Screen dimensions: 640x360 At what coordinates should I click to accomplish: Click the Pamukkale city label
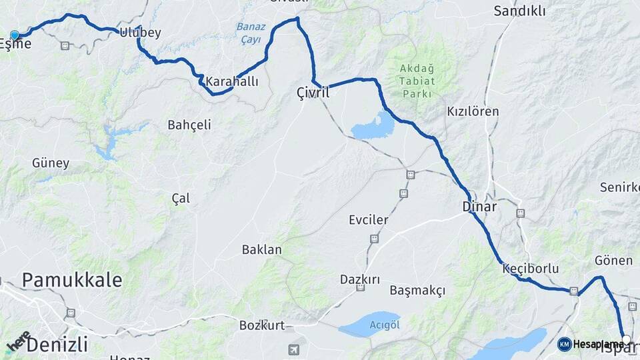72,280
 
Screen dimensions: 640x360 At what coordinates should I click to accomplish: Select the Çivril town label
313,93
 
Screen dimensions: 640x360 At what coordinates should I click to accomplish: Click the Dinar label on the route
479,207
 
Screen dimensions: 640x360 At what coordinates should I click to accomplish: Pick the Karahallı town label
231,81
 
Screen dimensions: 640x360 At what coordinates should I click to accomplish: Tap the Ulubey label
141,33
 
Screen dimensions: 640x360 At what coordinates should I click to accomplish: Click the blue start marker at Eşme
15,35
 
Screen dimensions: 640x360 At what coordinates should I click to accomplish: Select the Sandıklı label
519,11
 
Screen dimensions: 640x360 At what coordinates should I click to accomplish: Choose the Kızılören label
473,111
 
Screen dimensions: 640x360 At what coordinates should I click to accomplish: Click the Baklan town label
261,249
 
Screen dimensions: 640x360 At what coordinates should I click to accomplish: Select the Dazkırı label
359,279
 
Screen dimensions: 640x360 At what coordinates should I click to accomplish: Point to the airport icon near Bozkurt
294,349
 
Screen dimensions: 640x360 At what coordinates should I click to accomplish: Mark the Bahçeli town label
189,125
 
